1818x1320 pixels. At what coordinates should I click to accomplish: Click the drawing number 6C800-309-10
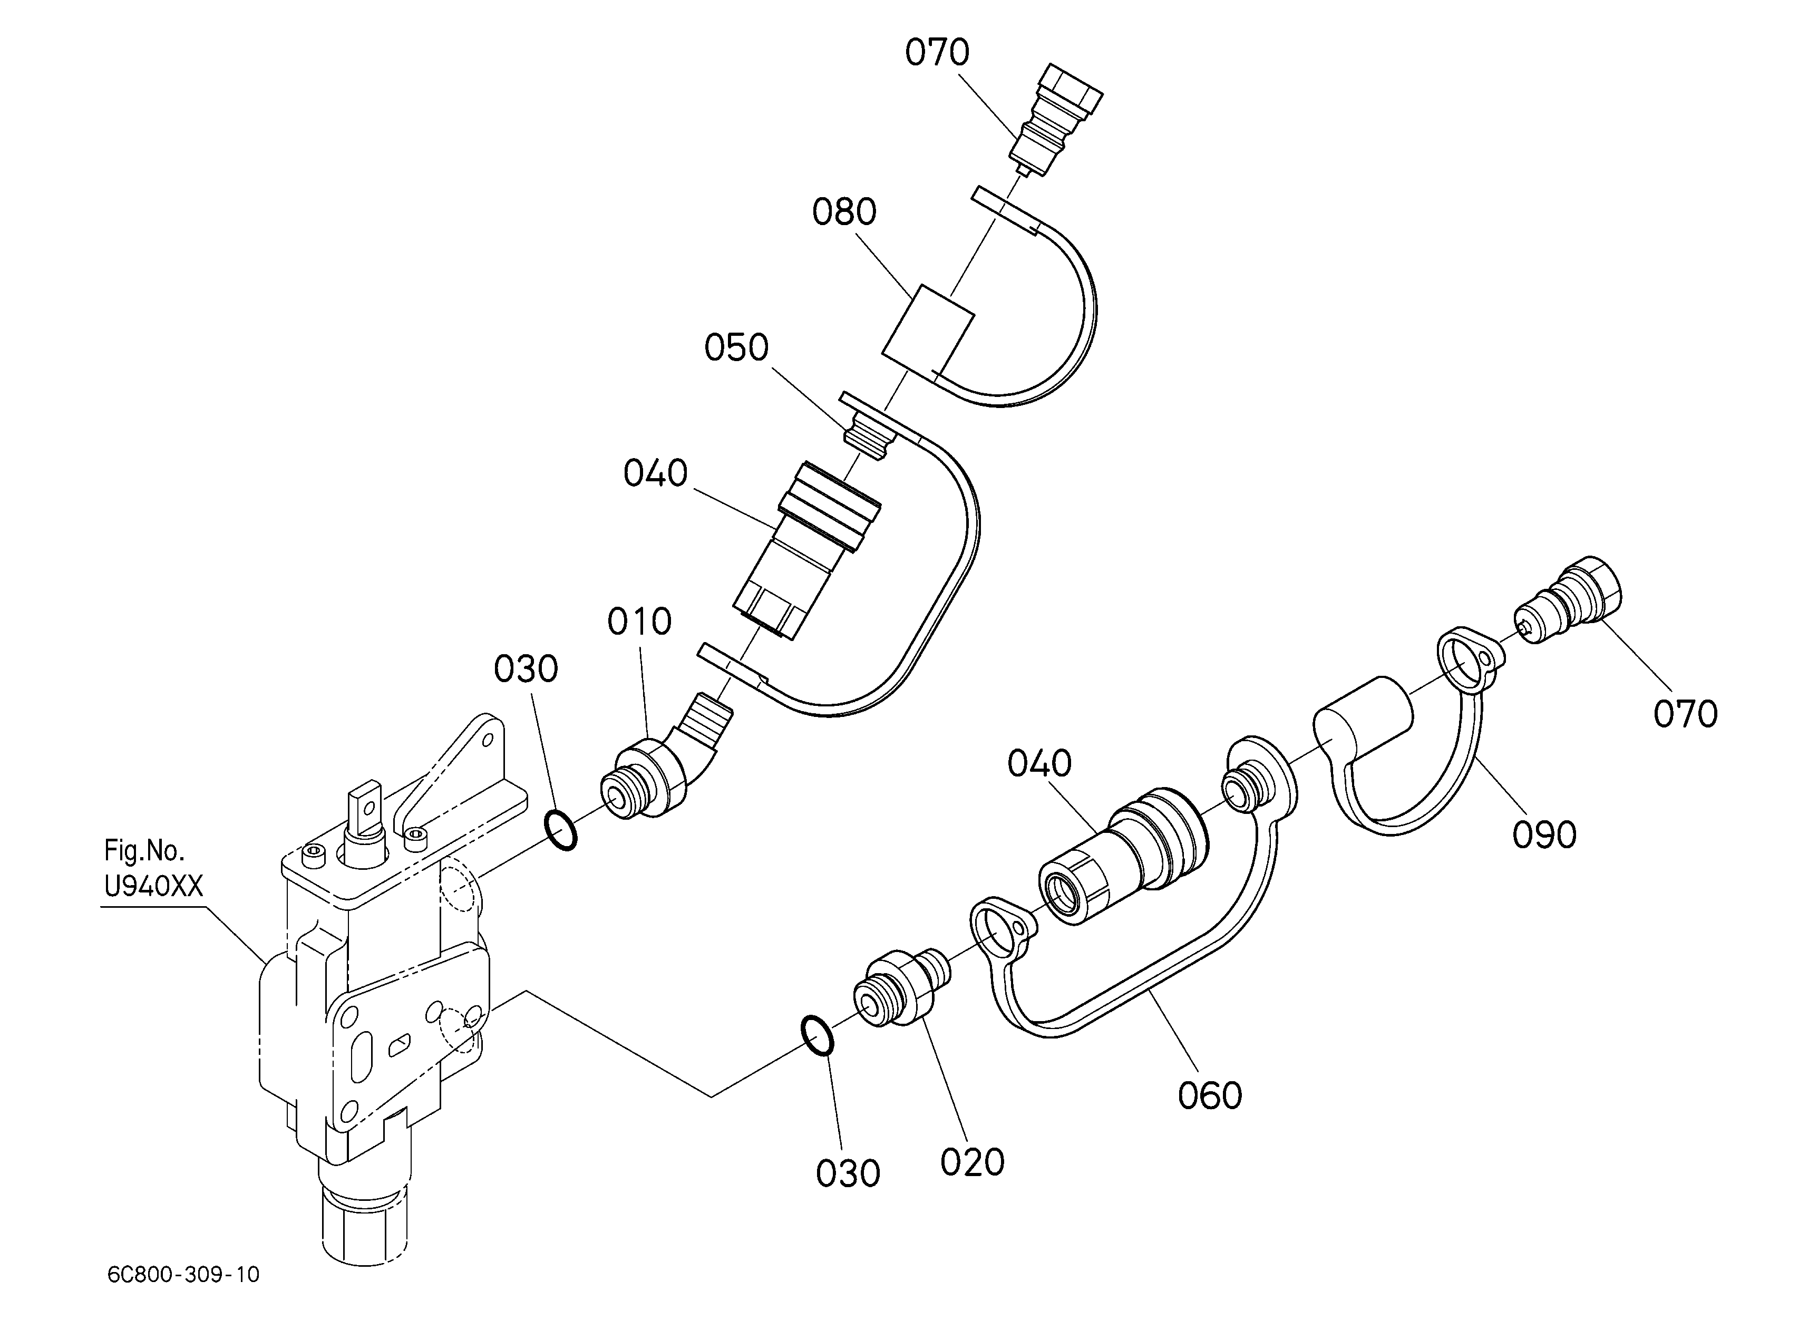click(183, 1274)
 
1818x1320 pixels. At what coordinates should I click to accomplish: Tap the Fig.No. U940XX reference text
click(154, 868)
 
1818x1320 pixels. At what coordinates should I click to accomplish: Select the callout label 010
click(639, 622)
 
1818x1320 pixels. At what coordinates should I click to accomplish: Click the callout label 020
click(973, 1163)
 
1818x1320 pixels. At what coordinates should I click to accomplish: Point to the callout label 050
click(737, 348)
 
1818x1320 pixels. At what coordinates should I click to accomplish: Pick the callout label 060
click(1210, 1095)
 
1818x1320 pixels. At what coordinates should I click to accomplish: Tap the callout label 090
click(1544, 835)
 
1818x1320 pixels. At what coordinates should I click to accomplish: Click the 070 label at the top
click(937, 52)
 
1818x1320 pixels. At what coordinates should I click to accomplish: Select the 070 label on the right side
click(1686, 714)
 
